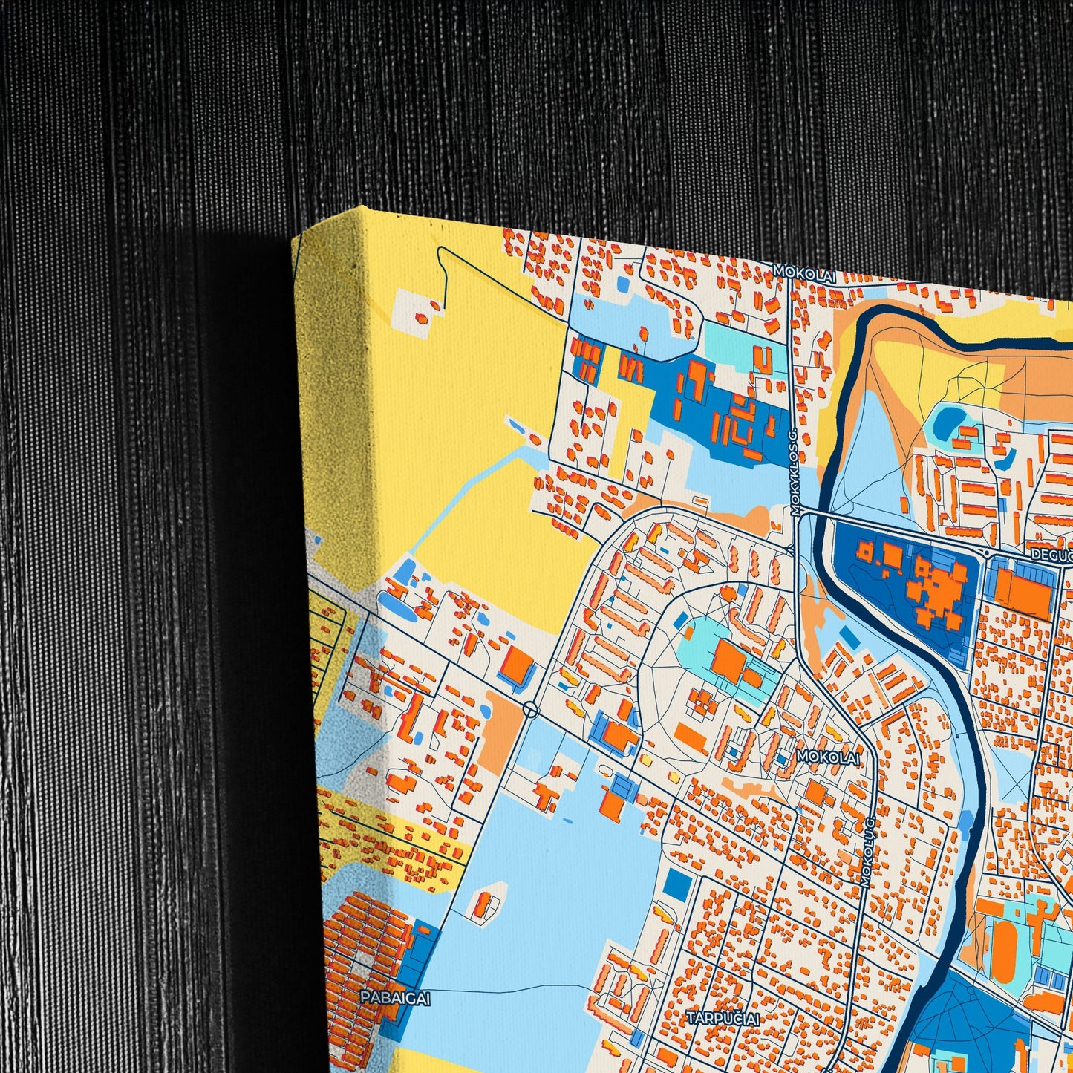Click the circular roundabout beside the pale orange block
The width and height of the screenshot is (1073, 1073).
point(530,710)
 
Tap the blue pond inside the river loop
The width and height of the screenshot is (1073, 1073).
point(946,421)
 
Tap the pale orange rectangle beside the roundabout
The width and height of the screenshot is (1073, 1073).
point(499,731)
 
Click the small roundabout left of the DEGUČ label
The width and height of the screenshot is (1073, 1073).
point(987,553)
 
